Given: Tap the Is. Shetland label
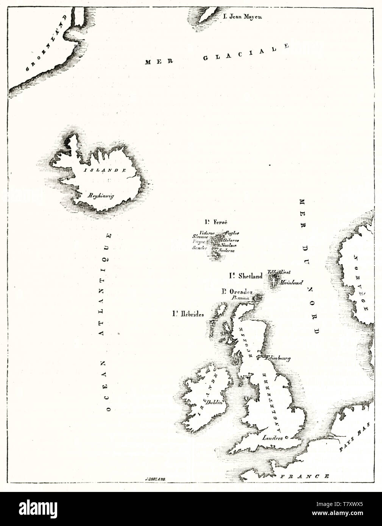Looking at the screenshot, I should (x=245, y=276).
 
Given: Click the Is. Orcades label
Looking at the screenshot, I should (x=237, y=291).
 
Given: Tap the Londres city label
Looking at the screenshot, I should (x=273, y=437).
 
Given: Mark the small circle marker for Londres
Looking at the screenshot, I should (x=286, y=437).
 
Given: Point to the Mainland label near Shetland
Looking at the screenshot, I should (x=291, y=283).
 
